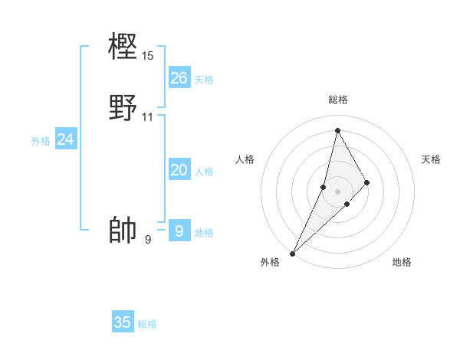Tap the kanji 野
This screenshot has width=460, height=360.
pos(123,107)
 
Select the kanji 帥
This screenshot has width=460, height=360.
pos(123,230)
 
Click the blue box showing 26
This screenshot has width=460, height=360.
pos(179,78)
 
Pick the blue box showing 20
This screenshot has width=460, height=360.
pos(179,171)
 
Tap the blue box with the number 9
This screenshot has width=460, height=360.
pos(179,230)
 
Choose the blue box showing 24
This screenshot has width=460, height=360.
pos(66,139)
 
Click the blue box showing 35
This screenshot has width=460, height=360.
pos(123,322)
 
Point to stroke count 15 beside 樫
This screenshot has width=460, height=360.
pos(148,56)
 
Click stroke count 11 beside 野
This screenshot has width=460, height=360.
pos(148,117)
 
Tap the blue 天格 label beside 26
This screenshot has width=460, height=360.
pos(204,80)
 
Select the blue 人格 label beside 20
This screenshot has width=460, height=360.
pos(204,172)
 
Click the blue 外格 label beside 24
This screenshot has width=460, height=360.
pos(41,141)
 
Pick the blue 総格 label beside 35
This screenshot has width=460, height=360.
pos(147,324)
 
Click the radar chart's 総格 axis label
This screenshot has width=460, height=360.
pos(337,100)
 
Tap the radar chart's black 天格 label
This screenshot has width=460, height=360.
pos(431,159)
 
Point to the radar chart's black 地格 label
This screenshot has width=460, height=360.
pos(402,263)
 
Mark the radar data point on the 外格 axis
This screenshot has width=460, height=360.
pos(292,253)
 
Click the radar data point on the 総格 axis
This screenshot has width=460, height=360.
pos(337,129)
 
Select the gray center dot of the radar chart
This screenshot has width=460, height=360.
pos(337,191)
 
